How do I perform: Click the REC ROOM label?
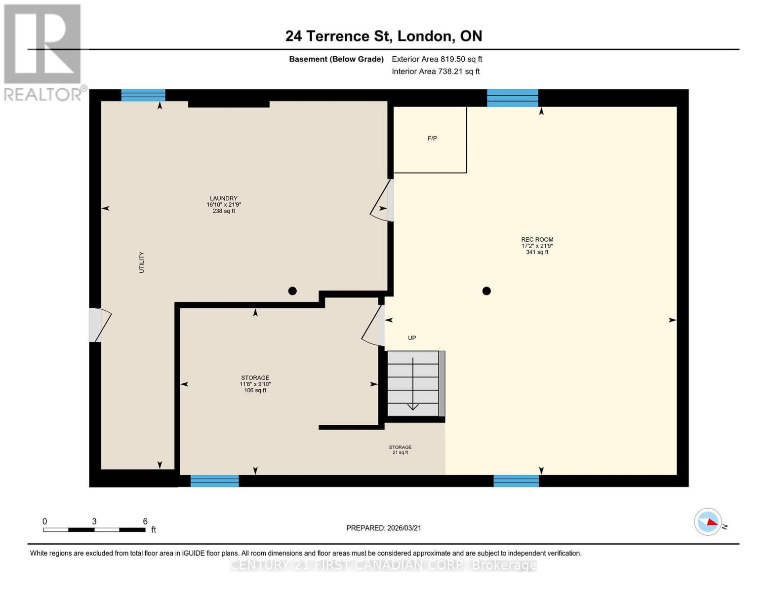coord(537,246)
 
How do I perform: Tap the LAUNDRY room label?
coord(223,204)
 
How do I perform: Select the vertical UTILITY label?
coord(142,262)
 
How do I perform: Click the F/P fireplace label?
coord(432,139)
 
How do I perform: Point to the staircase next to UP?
coord(413,383)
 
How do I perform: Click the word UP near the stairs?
coord(412,338)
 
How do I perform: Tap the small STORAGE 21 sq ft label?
coord(400,449)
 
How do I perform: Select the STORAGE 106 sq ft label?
coord(255,384)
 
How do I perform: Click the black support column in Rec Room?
coord(486,291)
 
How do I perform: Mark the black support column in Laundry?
coord(292,291)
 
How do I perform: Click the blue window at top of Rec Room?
coord(512,98)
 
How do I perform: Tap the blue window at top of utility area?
coord(143,95)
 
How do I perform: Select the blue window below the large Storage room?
coord(214,481)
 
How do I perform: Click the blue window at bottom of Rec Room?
coord(516,481)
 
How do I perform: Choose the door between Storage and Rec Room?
coord(375,326)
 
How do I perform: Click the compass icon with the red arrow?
coord(708,521)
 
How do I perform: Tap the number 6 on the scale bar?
coord(145,521)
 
